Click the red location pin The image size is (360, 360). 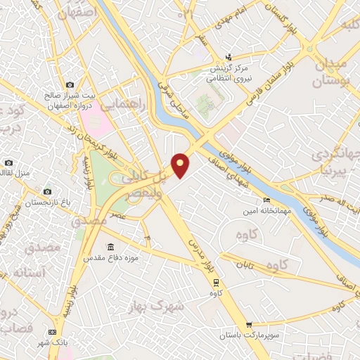pyautogui.click(x=181, y=165)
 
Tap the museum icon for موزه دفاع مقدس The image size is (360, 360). pyautogui.click(x=110, y=247)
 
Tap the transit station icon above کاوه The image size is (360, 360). pyautogui.click(x=216, y=283)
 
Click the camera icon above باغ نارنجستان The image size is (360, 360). pyautogui.click(x=47, y=191)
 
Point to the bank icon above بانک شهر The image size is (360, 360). pyautogui.click(x=51, y=331)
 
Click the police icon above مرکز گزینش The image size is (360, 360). pyautogui.click(x=227, y=58)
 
